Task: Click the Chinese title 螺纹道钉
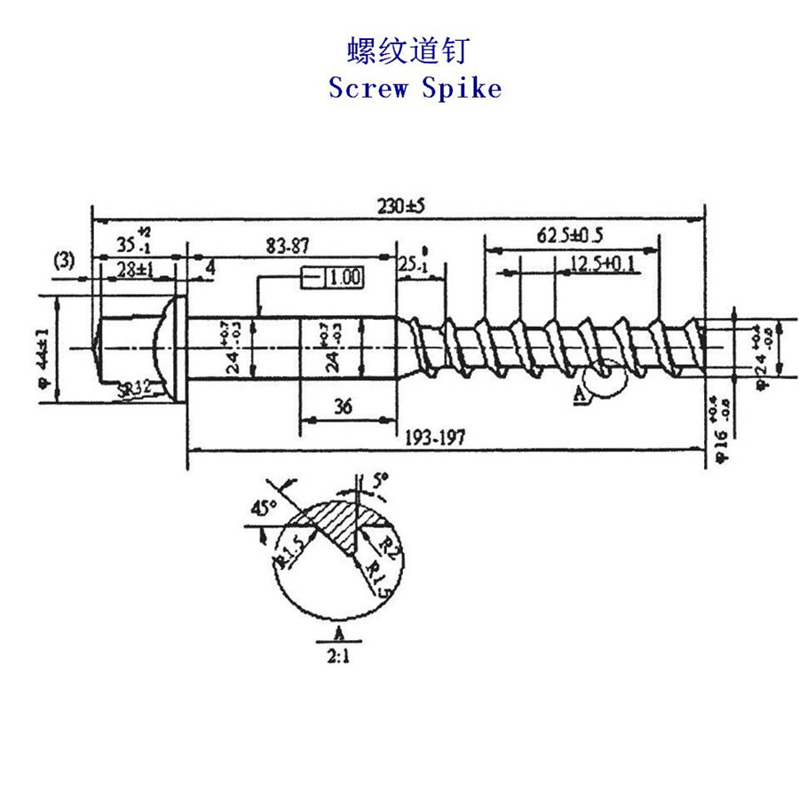405,51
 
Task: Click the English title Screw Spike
415,88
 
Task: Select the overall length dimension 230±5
401,206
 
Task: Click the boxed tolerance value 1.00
343,277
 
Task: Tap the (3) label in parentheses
64,260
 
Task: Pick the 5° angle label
379,481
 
